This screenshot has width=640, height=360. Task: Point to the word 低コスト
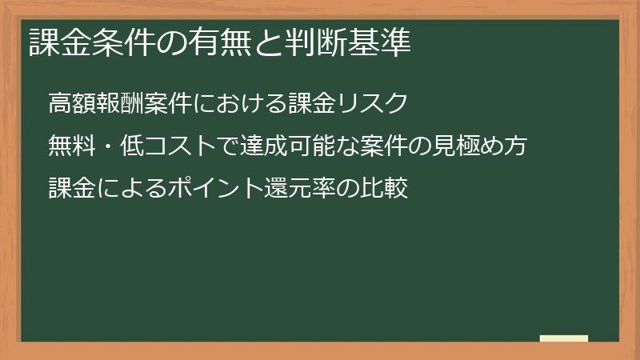pyautogui.click(x=161, y=147)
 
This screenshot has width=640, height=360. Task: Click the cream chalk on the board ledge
pyautogui.click(x=563, y=338)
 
